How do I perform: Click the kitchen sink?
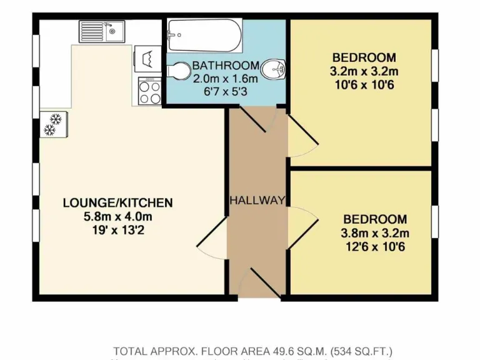tap(102, 31)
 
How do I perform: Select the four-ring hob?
tap(150, 91)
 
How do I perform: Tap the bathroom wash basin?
tap(274, 69)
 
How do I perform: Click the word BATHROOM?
tap(225, 66)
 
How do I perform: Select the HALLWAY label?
tap(257, 201)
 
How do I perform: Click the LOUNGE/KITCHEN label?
tap(117, 202)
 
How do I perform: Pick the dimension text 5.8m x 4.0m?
tap(117, 216)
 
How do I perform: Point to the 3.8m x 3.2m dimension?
tap(375, 234)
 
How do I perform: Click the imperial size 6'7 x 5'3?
tap(225, 91)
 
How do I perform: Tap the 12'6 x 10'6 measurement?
tap(375, 247)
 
